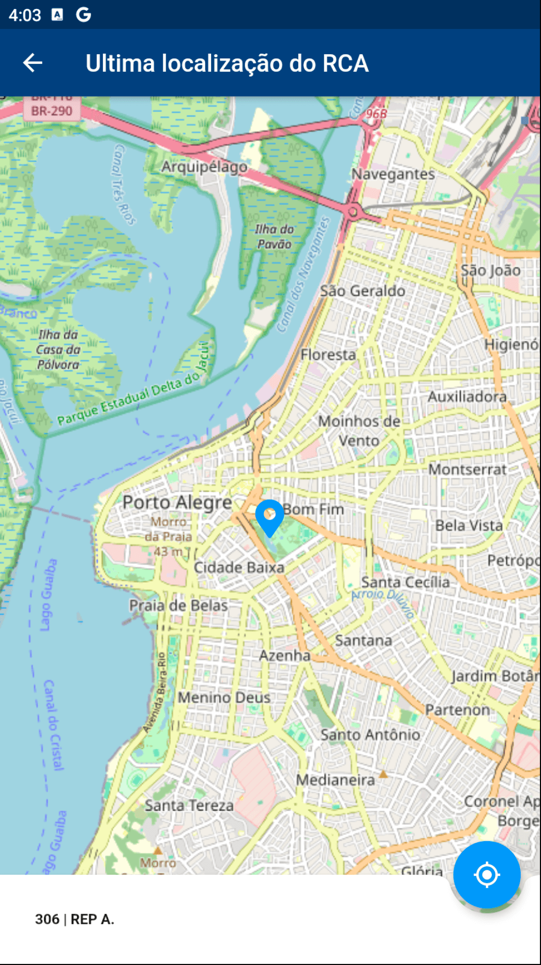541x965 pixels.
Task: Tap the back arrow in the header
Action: (33, 63)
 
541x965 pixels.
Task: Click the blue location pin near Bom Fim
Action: (269, 516)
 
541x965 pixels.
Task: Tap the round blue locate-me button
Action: (486, 874)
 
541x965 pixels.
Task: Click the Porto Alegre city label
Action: (177, 503)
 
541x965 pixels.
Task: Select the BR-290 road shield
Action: (51, 111)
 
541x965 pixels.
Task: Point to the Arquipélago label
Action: (204, 167)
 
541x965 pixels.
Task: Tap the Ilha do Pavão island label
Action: (274, 236)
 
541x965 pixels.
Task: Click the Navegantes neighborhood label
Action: (393, 174)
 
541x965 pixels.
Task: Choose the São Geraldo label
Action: (363, 291)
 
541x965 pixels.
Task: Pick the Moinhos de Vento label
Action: (359, 430)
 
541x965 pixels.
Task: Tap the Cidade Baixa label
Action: (239, 567)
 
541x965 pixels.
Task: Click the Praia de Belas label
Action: (178, 606)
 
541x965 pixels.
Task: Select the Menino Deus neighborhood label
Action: (224, 697)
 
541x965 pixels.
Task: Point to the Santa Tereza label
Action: (189, 805)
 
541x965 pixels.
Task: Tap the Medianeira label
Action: (335, 780)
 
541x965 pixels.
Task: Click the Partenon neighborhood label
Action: (457, 710)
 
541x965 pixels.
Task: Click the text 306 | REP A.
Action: (74, 919)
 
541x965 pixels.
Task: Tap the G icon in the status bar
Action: (84, 14)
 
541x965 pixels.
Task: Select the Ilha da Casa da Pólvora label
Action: (58, 350)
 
